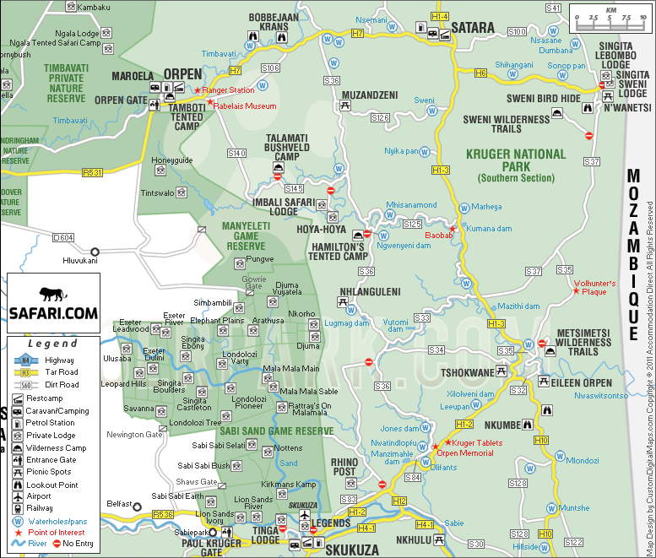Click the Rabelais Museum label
tap(245, 106)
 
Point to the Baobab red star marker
tap(452, 229)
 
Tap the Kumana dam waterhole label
tap(490, 229)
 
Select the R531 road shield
tap(92, 173)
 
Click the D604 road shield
tap(63, 238)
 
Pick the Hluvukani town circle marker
tap(95, 252)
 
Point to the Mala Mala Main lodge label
tap(291, 368)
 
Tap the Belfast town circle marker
tap(136, 507)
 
